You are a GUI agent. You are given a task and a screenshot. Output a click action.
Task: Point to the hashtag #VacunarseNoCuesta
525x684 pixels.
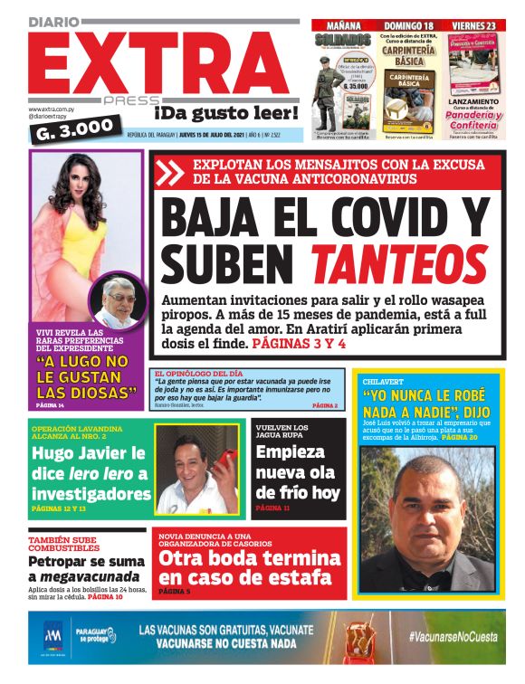click(x=452, y=637)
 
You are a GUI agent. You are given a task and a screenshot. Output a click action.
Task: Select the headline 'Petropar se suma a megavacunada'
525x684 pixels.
click(x=82, y=568)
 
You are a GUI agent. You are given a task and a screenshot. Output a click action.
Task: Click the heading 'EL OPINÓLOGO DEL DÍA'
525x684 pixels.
click(x=198, y=373)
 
